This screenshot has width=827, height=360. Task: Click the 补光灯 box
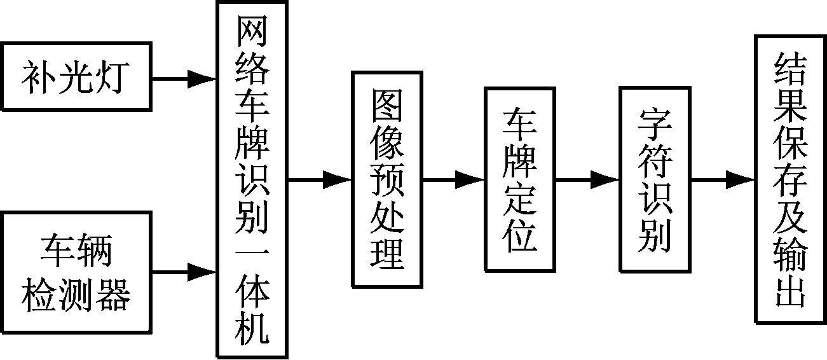(76, 77)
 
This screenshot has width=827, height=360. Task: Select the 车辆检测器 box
(76, 273)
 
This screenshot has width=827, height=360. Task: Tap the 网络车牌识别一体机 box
(252, 179)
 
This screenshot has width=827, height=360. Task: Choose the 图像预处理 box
(387, 179)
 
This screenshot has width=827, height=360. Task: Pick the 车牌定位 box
(520, 179)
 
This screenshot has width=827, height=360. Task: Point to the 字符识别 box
(655, 179)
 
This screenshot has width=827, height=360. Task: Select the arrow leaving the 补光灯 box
(185, 79)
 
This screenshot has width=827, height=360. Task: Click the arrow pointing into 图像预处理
(320, 180)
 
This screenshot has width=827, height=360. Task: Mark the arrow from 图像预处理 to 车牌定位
(454, 180)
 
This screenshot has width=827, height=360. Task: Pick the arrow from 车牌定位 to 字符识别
(587, 180)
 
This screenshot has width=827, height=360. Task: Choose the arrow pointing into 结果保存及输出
(723, 180)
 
